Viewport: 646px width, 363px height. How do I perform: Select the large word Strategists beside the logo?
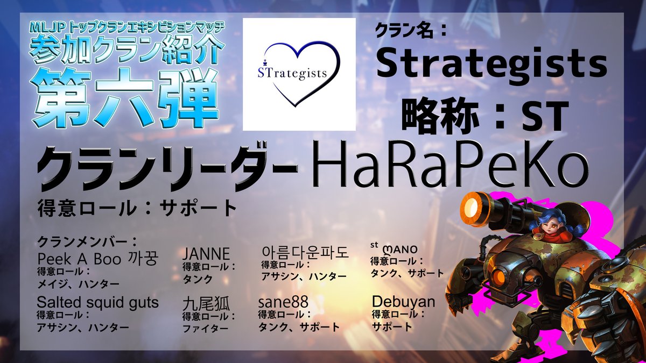491,65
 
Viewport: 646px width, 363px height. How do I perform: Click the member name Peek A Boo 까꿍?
98,259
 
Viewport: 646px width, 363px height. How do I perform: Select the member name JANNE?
206,254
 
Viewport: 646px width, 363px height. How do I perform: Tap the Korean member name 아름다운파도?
305,252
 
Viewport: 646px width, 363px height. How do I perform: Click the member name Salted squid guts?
97,303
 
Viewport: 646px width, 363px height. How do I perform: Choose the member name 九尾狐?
206,304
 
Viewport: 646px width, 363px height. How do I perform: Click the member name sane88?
283,302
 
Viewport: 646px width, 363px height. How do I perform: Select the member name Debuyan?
403,302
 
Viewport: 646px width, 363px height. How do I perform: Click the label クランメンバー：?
87,242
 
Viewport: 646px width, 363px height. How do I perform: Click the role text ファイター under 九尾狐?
206,329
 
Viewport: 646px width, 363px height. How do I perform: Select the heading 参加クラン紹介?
127,51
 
